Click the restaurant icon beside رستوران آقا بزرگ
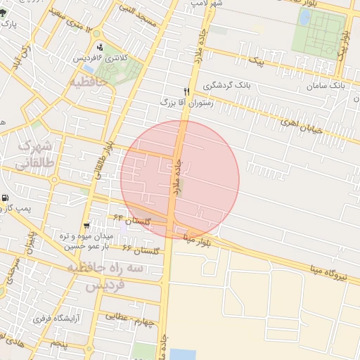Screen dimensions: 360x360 186,91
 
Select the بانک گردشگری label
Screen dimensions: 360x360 227,85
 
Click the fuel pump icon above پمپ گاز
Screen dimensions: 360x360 6,198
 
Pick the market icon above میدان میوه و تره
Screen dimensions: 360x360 86,226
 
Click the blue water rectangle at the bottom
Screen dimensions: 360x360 184,354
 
